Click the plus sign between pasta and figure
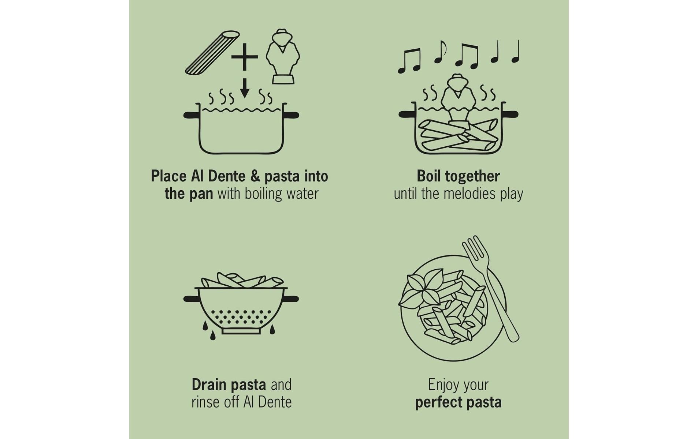point(244,57)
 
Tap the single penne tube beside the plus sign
point(212,53)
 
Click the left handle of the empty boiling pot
point(191,115)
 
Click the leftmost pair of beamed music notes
point(409,61)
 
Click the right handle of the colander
point(291,299)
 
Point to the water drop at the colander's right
point(272,330)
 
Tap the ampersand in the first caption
point(255,176)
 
